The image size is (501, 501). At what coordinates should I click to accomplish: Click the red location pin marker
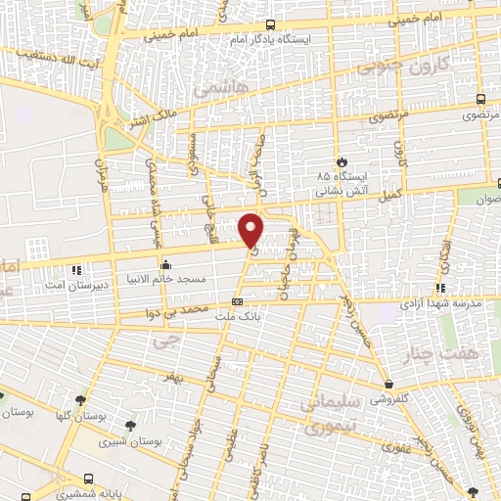point(251,229)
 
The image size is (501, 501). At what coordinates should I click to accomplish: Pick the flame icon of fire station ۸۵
point(342,161)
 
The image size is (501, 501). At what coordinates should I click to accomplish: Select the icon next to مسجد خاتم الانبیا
point(165,263)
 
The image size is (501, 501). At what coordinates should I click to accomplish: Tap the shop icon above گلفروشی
point(389,385)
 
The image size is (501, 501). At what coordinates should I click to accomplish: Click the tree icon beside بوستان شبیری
point(131,425)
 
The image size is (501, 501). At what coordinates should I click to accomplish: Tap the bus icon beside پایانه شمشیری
point(90,480)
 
